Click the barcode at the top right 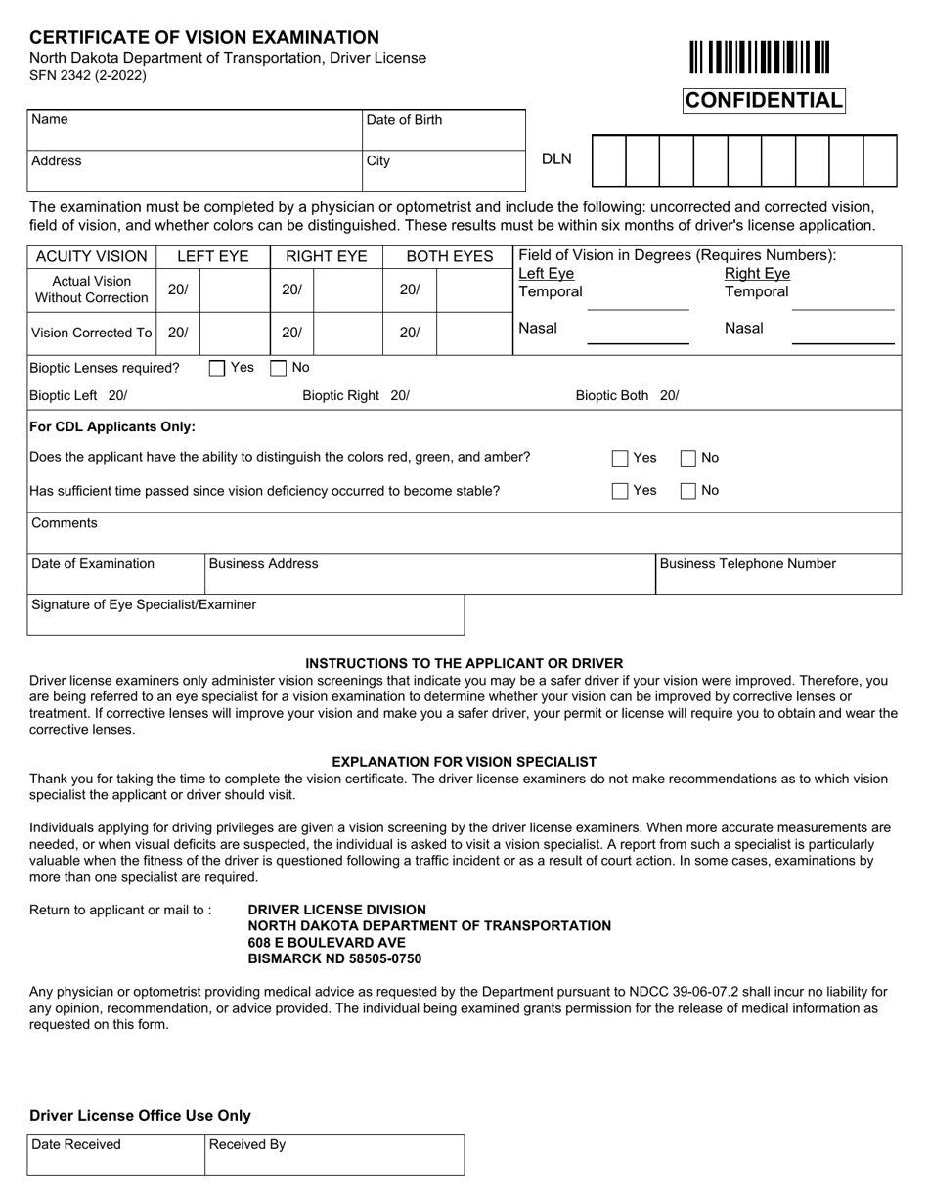click(x=759, y=57)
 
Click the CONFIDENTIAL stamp click(x=764, y=101)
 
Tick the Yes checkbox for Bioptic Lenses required click(x=216, y=369)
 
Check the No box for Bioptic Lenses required click(x=279, y=369)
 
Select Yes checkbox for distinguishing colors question click(x=620, y=458)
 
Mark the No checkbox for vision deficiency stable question click(x=688, y=491)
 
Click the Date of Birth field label click(x=404, y=120)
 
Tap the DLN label click(x=556, y=159)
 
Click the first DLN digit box click(x=608, y=161)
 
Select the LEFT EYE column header click(x=212, y=257)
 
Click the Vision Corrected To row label click(x=91, y=333)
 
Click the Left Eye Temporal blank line click(x=637, y=302)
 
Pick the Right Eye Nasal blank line click(x=843, y=336)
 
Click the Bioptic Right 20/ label click(x=356, y=396)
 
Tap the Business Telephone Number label click(x=748, y=564)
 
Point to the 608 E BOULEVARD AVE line click(x=327, y=942)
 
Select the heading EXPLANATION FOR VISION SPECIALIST click(x=464, y=762)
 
